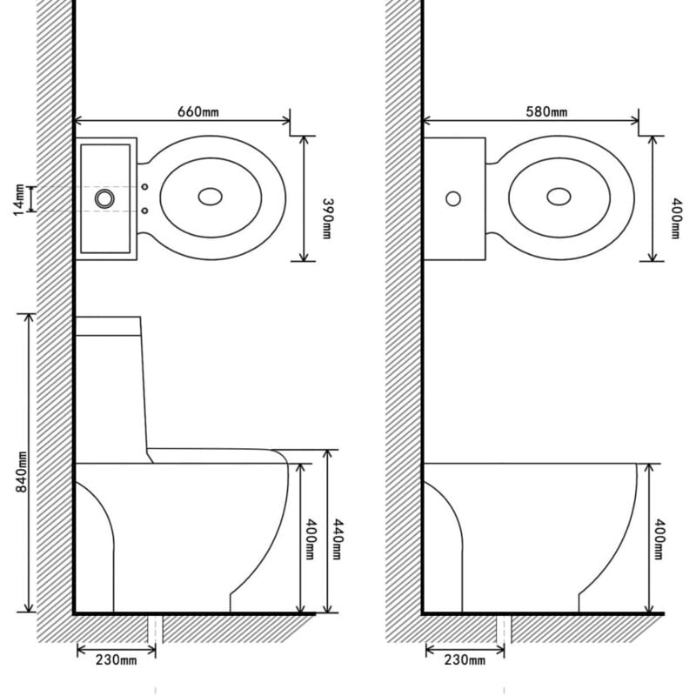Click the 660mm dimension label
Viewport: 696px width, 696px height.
(x=197, y=112)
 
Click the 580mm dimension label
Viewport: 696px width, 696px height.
(x=546, y=112)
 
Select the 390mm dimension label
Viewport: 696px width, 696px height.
(x=328, y=218)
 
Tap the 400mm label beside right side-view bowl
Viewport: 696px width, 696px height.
(x=660, y=539)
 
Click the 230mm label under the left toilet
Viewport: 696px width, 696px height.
(x=116, y=661)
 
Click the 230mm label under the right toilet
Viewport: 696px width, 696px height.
(x=465, y=661)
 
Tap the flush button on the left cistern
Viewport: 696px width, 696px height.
(x=105, y=198)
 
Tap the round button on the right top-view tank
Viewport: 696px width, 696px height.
(x=452, y=198)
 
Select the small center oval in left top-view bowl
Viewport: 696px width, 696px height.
(x=209, y=197)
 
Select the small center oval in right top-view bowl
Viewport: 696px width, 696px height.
(x=559, y=197)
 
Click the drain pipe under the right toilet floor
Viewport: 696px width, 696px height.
(x=502, y=629)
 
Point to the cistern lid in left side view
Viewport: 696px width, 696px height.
(x=109, y=327)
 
